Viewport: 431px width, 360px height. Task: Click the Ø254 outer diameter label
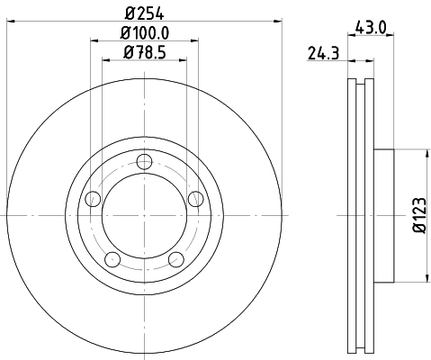tap(143, 12)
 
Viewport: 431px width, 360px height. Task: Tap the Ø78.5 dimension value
tap(143, 54)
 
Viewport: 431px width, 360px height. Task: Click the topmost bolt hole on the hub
tap(143, 162)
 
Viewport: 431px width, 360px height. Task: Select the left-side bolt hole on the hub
tap(92, 200)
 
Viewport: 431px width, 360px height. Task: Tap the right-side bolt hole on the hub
tap(194, 200)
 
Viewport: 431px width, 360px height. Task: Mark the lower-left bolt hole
tap(112, 259)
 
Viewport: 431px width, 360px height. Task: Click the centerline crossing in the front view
tap(143, 215)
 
